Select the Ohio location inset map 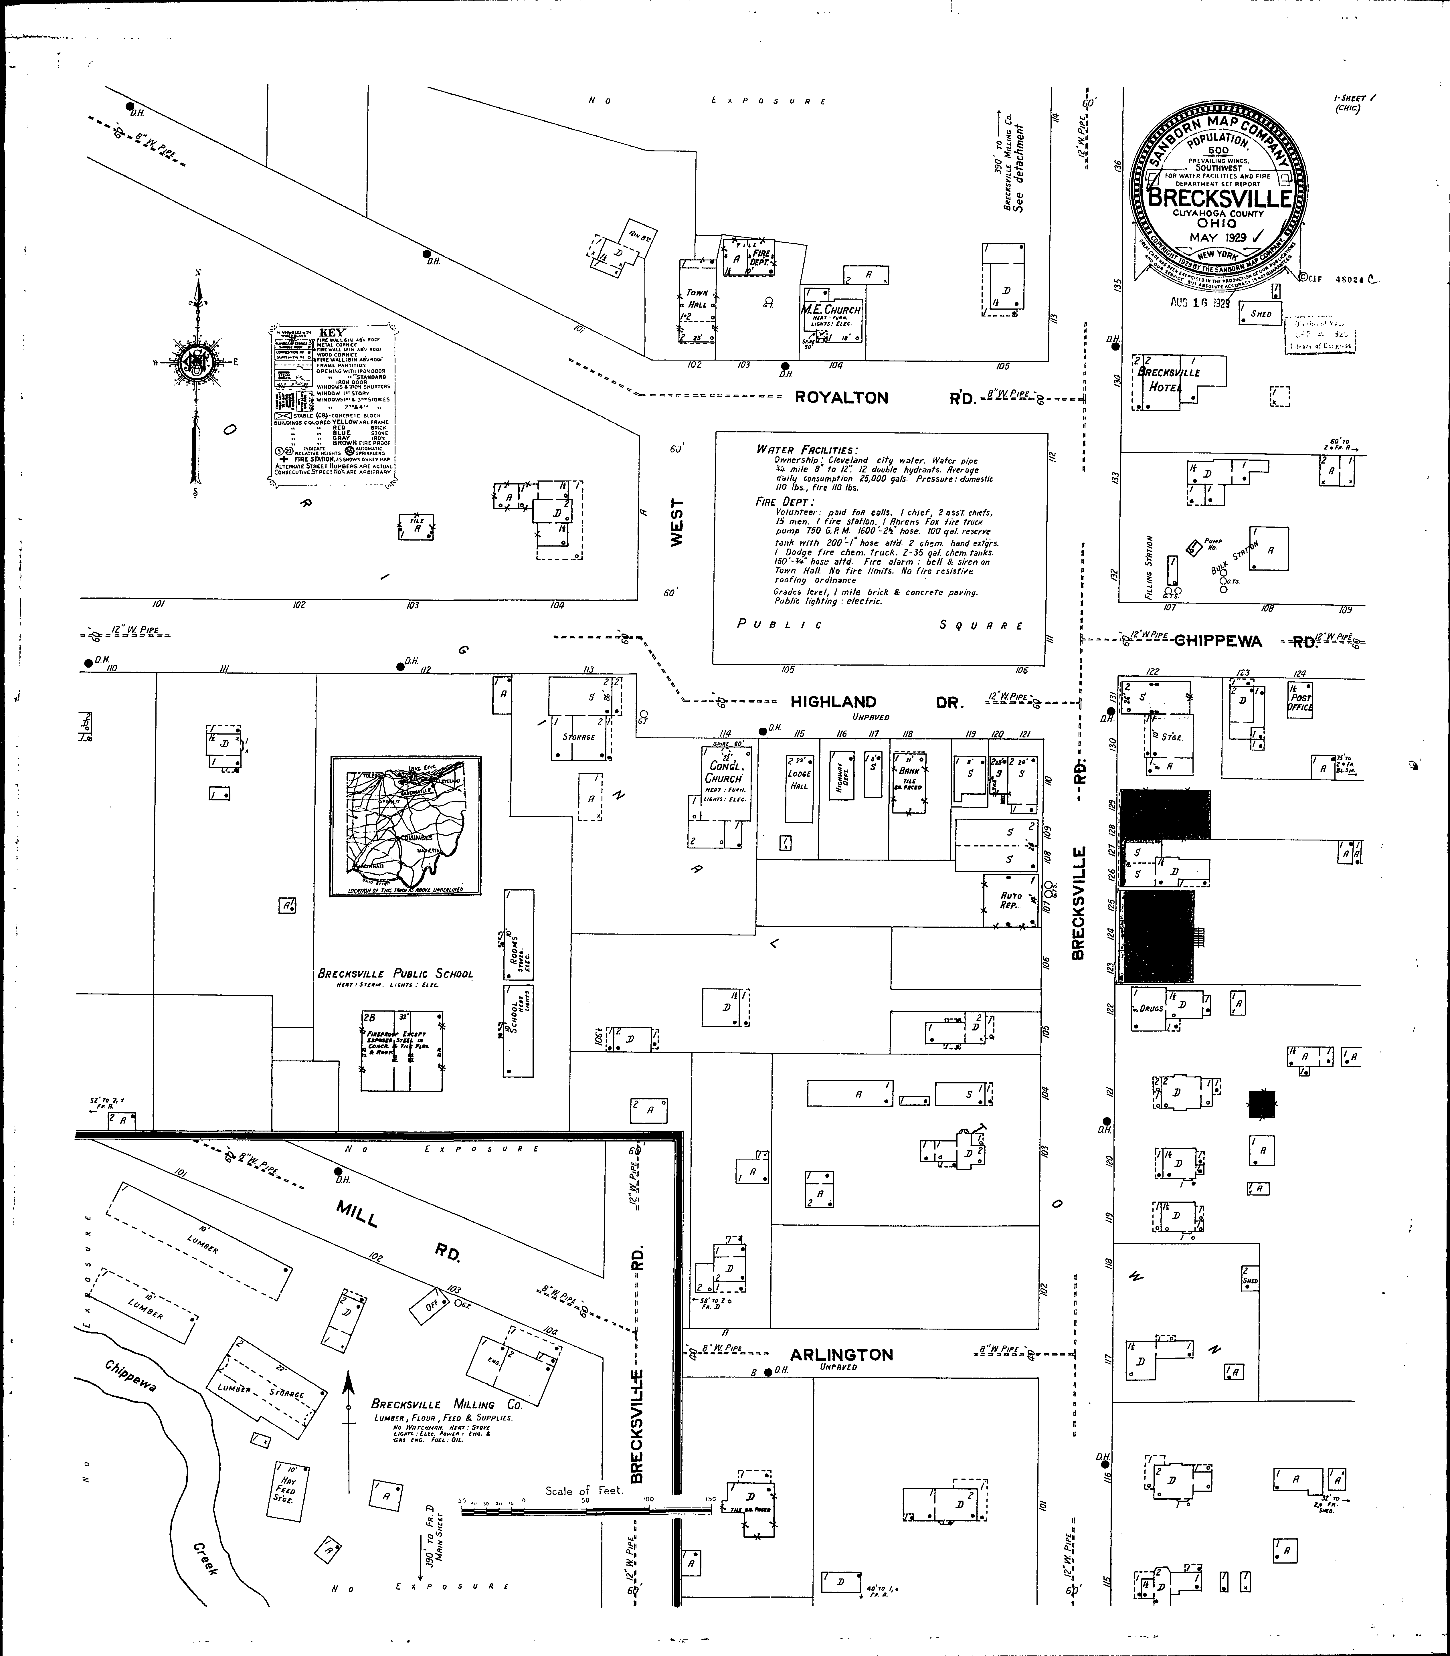point(405,825)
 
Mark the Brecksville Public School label point(395,973)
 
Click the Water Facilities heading point(807,450)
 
